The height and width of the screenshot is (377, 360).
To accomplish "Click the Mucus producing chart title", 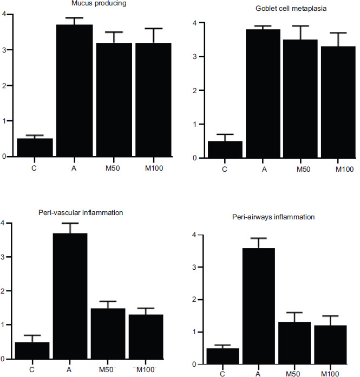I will click(x=89, y=3).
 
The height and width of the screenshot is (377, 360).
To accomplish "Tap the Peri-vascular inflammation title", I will click(x=89, y=212).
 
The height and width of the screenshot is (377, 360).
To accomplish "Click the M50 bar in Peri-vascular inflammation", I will click(x=108, y=334).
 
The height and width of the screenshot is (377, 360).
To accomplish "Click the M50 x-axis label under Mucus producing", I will click(x=113, y=167).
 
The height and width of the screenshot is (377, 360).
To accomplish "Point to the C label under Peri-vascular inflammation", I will click(x=31, y=370).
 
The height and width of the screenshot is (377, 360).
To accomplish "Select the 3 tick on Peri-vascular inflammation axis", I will click(x=4, y=257).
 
